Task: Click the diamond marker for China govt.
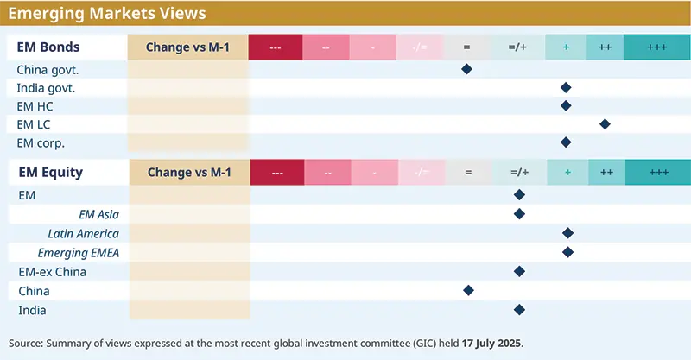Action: [x=466, y=69]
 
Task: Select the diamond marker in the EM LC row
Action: [x=605, y=124]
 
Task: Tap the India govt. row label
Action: [x=47, y=87]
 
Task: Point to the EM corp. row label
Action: [x=41, y=142]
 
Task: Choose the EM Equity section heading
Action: [x=50, y=172]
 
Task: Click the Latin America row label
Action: [x=83, y=233]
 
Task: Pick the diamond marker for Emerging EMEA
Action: [x=567, y=252]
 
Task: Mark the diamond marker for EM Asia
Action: [x=519, y=214]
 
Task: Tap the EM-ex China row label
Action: [x=52, y=271]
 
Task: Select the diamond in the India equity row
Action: [x=519, y=309]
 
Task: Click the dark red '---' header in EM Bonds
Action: [x=276, y=47]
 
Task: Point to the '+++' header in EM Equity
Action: [x=658, y=173]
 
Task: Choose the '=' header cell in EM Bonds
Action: [x=466, y=47]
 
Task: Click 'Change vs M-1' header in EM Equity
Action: [x=188, y=172]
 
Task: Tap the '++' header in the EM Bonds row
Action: [x=605, y=47]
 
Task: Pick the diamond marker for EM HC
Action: [x=566, y=105]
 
